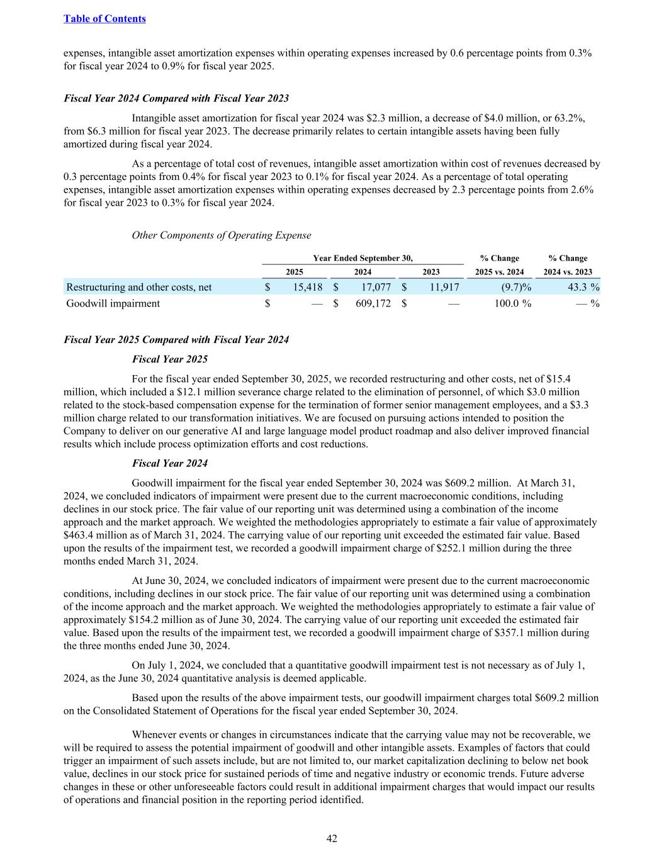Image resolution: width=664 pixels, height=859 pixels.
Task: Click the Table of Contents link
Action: (x=104, y=19)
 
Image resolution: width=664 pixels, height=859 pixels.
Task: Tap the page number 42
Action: (x=332, y=838)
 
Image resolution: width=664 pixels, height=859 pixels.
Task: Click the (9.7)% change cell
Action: (x=515, y=287)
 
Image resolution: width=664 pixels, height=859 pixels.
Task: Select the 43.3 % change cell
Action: (x=575, y=287)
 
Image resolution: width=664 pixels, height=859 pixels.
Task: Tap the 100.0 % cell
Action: (x=510, y=303)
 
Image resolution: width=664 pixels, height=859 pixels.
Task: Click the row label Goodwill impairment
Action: (x=113, y=303)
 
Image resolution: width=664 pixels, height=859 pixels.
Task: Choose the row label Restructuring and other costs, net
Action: (x=139, y=287)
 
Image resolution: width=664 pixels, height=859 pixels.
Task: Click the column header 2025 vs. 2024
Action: (x=499, y=272)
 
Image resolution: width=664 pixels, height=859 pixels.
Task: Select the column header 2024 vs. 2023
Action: (x=568, y=272)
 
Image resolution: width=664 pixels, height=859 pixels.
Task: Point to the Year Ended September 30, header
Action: (x=363, y=258)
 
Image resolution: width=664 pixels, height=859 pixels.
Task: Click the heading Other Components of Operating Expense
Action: (x=221, y=235)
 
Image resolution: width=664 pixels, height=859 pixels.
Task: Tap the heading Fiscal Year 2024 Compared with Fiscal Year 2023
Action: (x=176, y=98)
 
